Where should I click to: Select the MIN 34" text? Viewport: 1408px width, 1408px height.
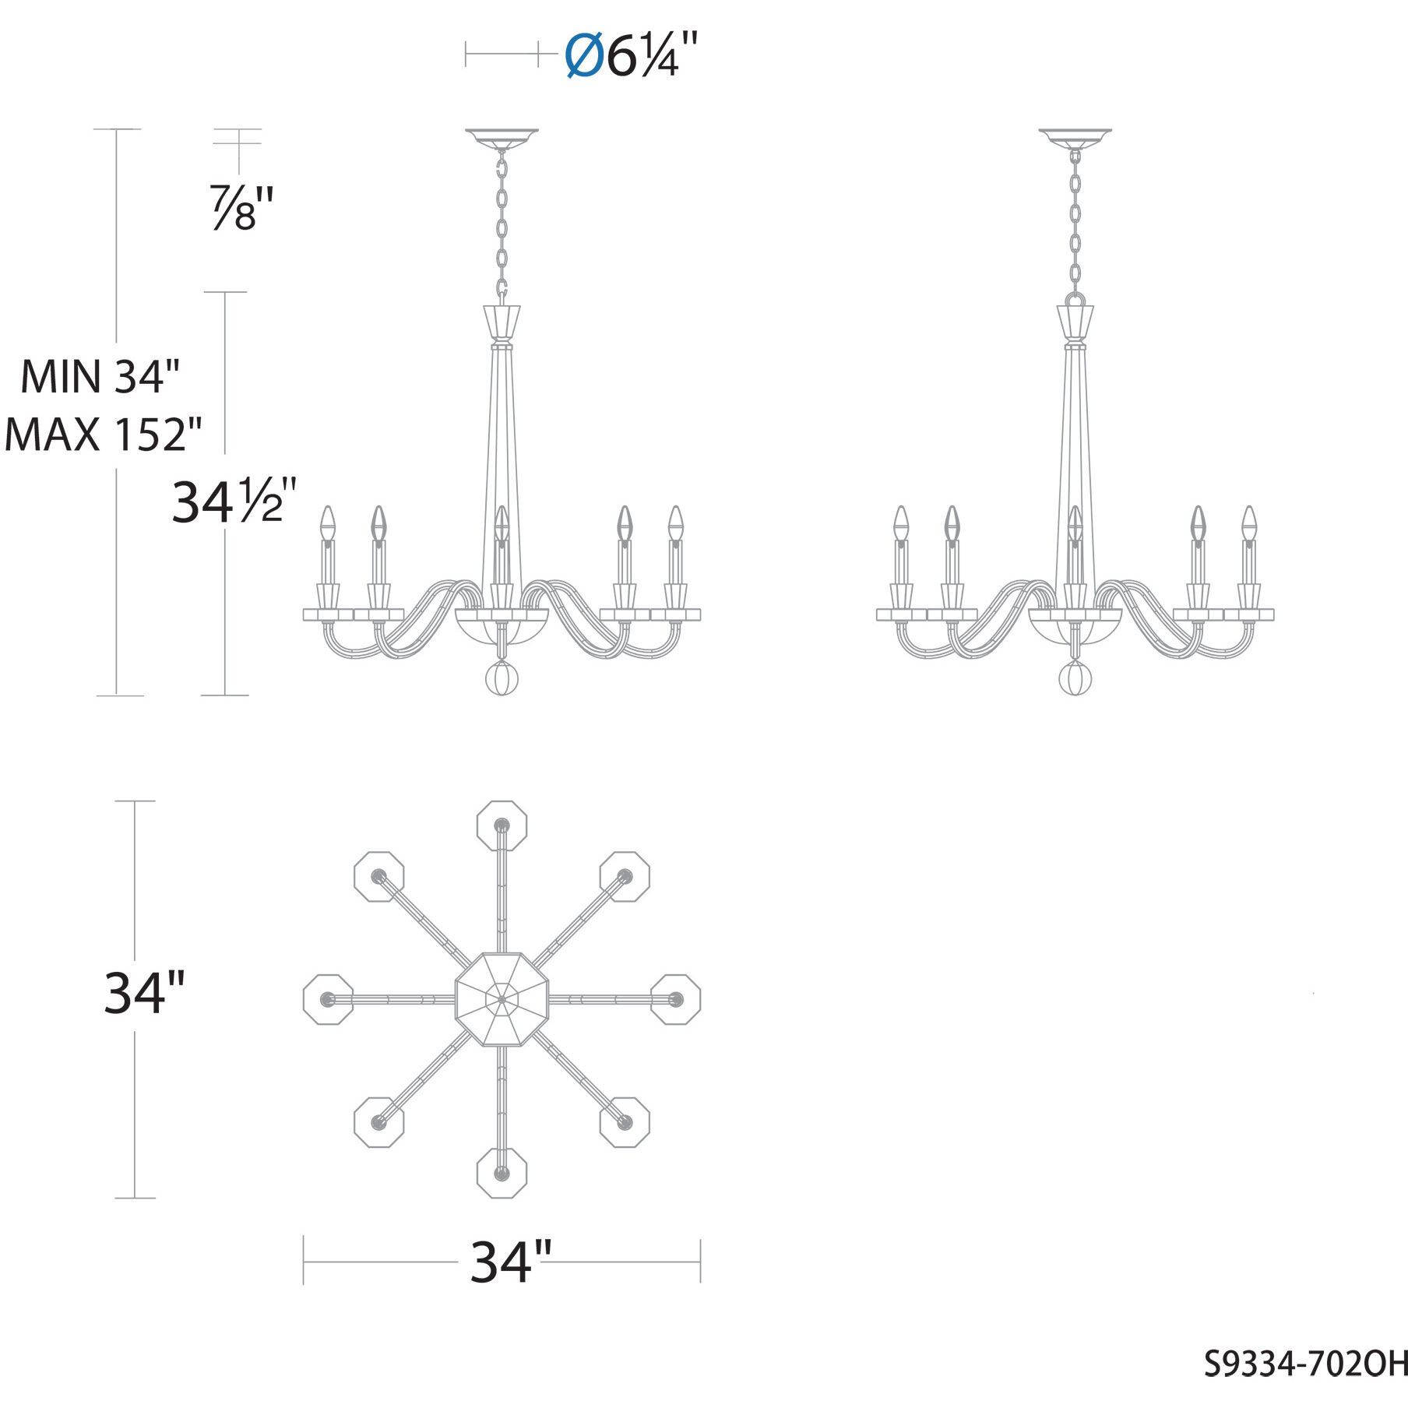tap(100, 377)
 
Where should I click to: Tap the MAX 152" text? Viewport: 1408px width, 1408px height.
tap(103, 435)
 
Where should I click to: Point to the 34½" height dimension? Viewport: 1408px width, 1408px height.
tap(232, 502)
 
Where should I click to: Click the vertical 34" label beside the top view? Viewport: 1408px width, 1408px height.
tap(145, 994)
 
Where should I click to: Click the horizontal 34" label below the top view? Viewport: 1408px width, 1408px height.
tap(511, 1262)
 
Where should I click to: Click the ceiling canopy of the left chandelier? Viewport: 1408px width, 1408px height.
tap(502, 139)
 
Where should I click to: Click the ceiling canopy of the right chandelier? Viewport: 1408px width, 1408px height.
tap(1075, 139)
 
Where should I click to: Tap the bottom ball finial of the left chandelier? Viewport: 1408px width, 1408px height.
tap(502, 678)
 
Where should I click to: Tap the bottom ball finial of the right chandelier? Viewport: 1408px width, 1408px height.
tap(1075, 678)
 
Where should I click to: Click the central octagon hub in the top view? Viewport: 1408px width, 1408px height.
tap(502, 998)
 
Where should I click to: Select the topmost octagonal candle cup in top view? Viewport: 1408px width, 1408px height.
tap(502, 825)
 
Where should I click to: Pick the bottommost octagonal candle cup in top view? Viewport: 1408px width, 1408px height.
tap(502, 1172)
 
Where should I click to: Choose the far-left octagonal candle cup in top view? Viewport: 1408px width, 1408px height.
tap(328, 998)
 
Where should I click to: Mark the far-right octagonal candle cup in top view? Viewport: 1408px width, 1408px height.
tap(675, 998)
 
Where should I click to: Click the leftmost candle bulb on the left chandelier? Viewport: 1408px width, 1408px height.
tap(329, 523)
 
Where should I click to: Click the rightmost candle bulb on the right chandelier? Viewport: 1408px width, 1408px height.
tap(1249, 523)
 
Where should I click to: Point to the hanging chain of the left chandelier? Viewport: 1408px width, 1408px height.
tap(502, 226)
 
